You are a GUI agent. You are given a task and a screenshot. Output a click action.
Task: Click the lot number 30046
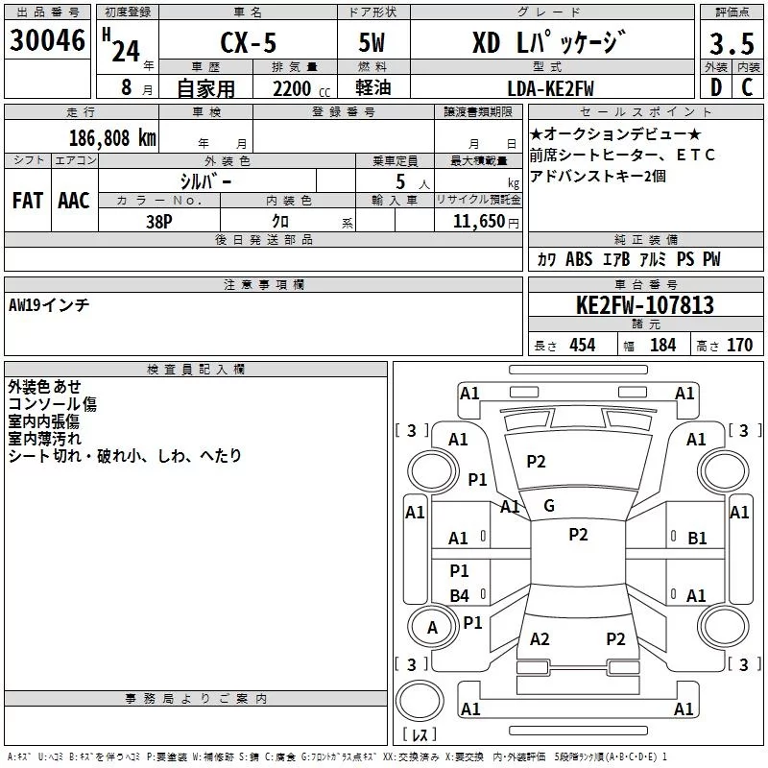tap(46, 41)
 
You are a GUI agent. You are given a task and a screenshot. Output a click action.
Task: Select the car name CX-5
tap(247, 43)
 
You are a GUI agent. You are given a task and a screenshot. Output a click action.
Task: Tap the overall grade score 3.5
tap(731, 44)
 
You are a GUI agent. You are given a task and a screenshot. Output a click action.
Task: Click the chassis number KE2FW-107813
tap(645, 306)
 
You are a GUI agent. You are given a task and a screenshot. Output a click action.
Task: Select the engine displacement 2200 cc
tap(292, 88)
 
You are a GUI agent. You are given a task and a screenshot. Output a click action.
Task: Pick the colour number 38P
tap(159, 220)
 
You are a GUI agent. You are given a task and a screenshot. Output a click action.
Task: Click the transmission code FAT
tap(27, 201)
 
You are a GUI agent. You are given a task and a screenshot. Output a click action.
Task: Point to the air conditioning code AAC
tap(73, 201)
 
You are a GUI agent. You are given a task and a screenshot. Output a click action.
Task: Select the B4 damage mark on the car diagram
tap(459, 596)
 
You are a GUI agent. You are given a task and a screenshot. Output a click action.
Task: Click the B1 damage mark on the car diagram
tap(697, 539)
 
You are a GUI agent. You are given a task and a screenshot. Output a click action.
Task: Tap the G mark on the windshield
tap(548, 506)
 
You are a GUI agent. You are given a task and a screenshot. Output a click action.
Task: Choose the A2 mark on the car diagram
tap(540, 639)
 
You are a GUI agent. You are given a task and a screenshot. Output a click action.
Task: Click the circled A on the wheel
tap(432, 628)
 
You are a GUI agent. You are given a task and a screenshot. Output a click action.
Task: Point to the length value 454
tap(582, 345)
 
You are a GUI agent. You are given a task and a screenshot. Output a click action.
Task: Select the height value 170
tap(739, 345)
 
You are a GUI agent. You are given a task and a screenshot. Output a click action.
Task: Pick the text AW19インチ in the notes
tap(49, 304)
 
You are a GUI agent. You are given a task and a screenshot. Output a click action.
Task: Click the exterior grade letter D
tap(715, 88)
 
